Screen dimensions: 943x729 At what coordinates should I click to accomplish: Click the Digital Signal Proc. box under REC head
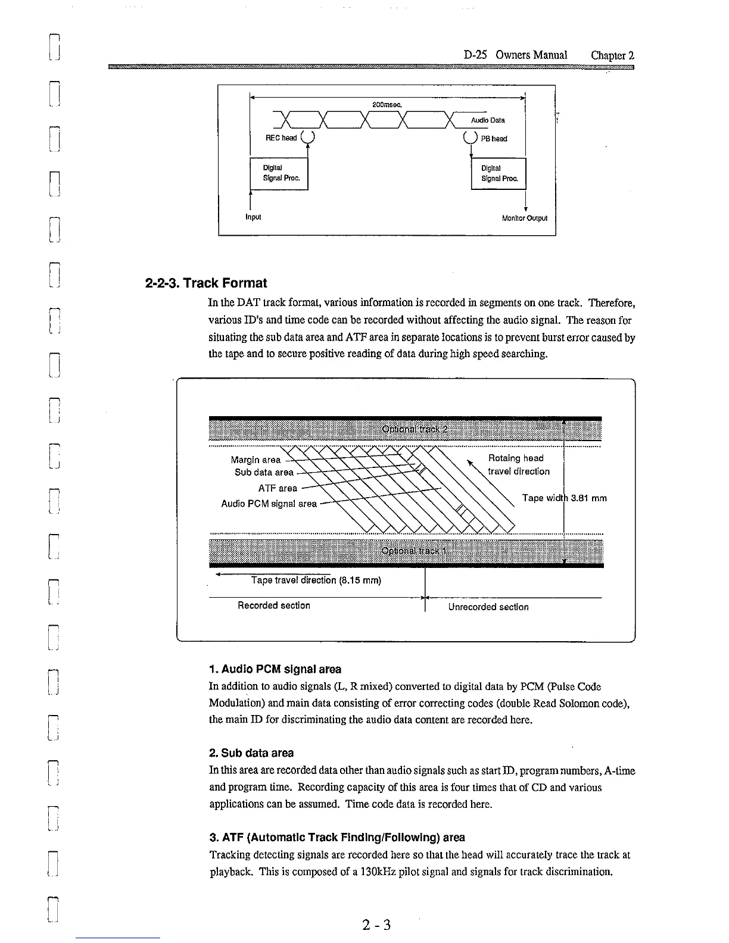point(279,173)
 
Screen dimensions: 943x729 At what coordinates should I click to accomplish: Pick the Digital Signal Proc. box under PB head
point(499,173)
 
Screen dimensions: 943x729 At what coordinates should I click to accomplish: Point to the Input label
point(254,217)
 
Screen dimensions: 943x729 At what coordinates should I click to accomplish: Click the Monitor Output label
point(524,218)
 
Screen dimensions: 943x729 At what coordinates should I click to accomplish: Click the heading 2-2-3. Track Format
point(206,283)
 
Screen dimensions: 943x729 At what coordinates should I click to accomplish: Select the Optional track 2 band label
point(415,429)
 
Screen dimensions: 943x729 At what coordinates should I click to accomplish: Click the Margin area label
point(256,460)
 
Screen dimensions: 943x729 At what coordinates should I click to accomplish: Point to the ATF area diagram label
point(277,488)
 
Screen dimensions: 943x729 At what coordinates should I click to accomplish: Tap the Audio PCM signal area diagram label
point(269,504)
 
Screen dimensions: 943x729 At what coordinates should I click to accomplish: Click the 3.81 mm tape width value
point(588,498)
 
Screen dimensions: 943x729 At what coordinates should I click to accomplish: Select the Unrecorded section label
point(488,607)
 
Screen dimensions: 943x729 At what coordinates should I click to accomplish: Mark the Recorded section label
point(273,605)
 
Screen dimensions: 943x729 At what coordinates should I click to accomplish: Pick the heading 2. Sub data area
point(251,753)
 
